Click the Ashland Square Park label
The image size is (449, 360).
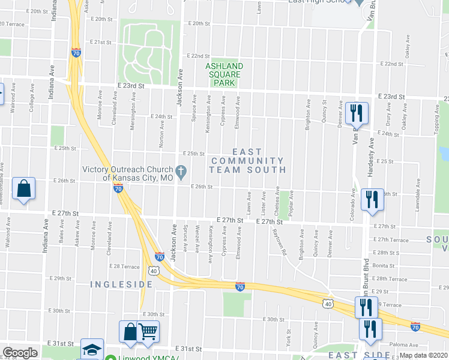[x=224, y=74]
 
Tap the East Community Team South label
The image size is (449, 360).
[x=247, y=161]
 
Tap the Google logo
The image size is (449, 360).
[x=20, y=353]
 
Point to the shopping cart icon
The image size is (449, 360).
[x=148, y=331]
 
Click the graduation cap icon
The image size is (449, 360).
[x=92, y=350]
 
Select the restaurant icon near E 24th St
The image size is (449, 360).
[x=357, y=113]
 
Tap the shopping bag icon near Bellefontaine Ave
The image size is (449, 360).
[x=23, y=188]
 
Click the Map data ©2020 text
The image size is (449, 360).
[x=424, y=355]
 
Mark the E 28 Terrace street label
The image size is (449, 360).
[x=124, y=266]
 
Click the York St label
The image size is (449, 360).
[x=288, y=339]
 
